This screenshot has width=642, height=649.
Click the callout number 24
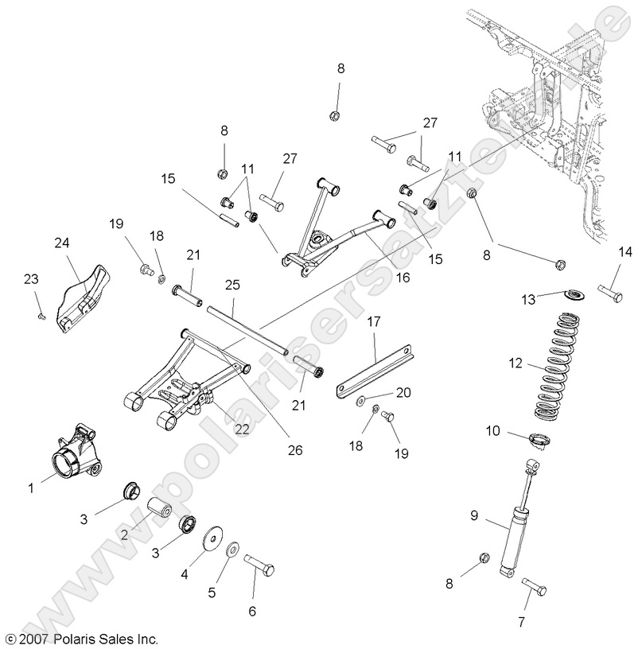62,243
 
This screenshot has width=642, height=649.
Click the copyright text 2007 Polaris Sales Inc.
82,638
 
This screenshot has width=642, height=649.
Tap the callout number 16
402,277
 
